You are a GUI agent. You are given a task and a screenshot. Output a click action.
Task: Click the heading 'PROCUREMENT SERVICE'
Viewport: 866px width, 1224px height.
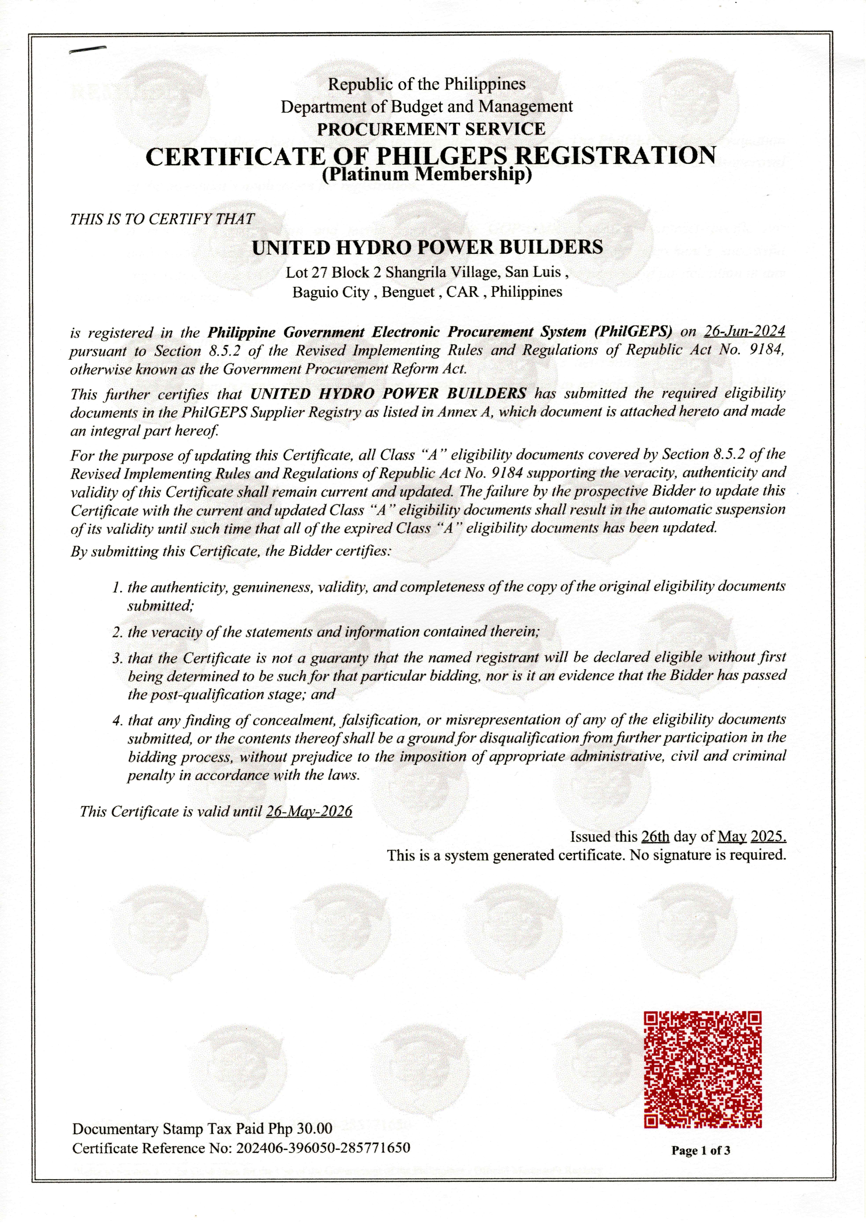tap(431, 129)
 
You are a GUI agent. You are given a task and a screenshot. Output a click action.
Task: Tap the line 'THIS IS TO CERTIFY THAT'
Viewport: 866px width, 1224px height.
tap(162, 219)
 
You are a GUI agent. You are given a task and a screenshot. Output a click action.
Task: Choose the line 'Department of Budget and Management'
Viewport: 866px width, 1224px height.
tap(427, 107)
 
